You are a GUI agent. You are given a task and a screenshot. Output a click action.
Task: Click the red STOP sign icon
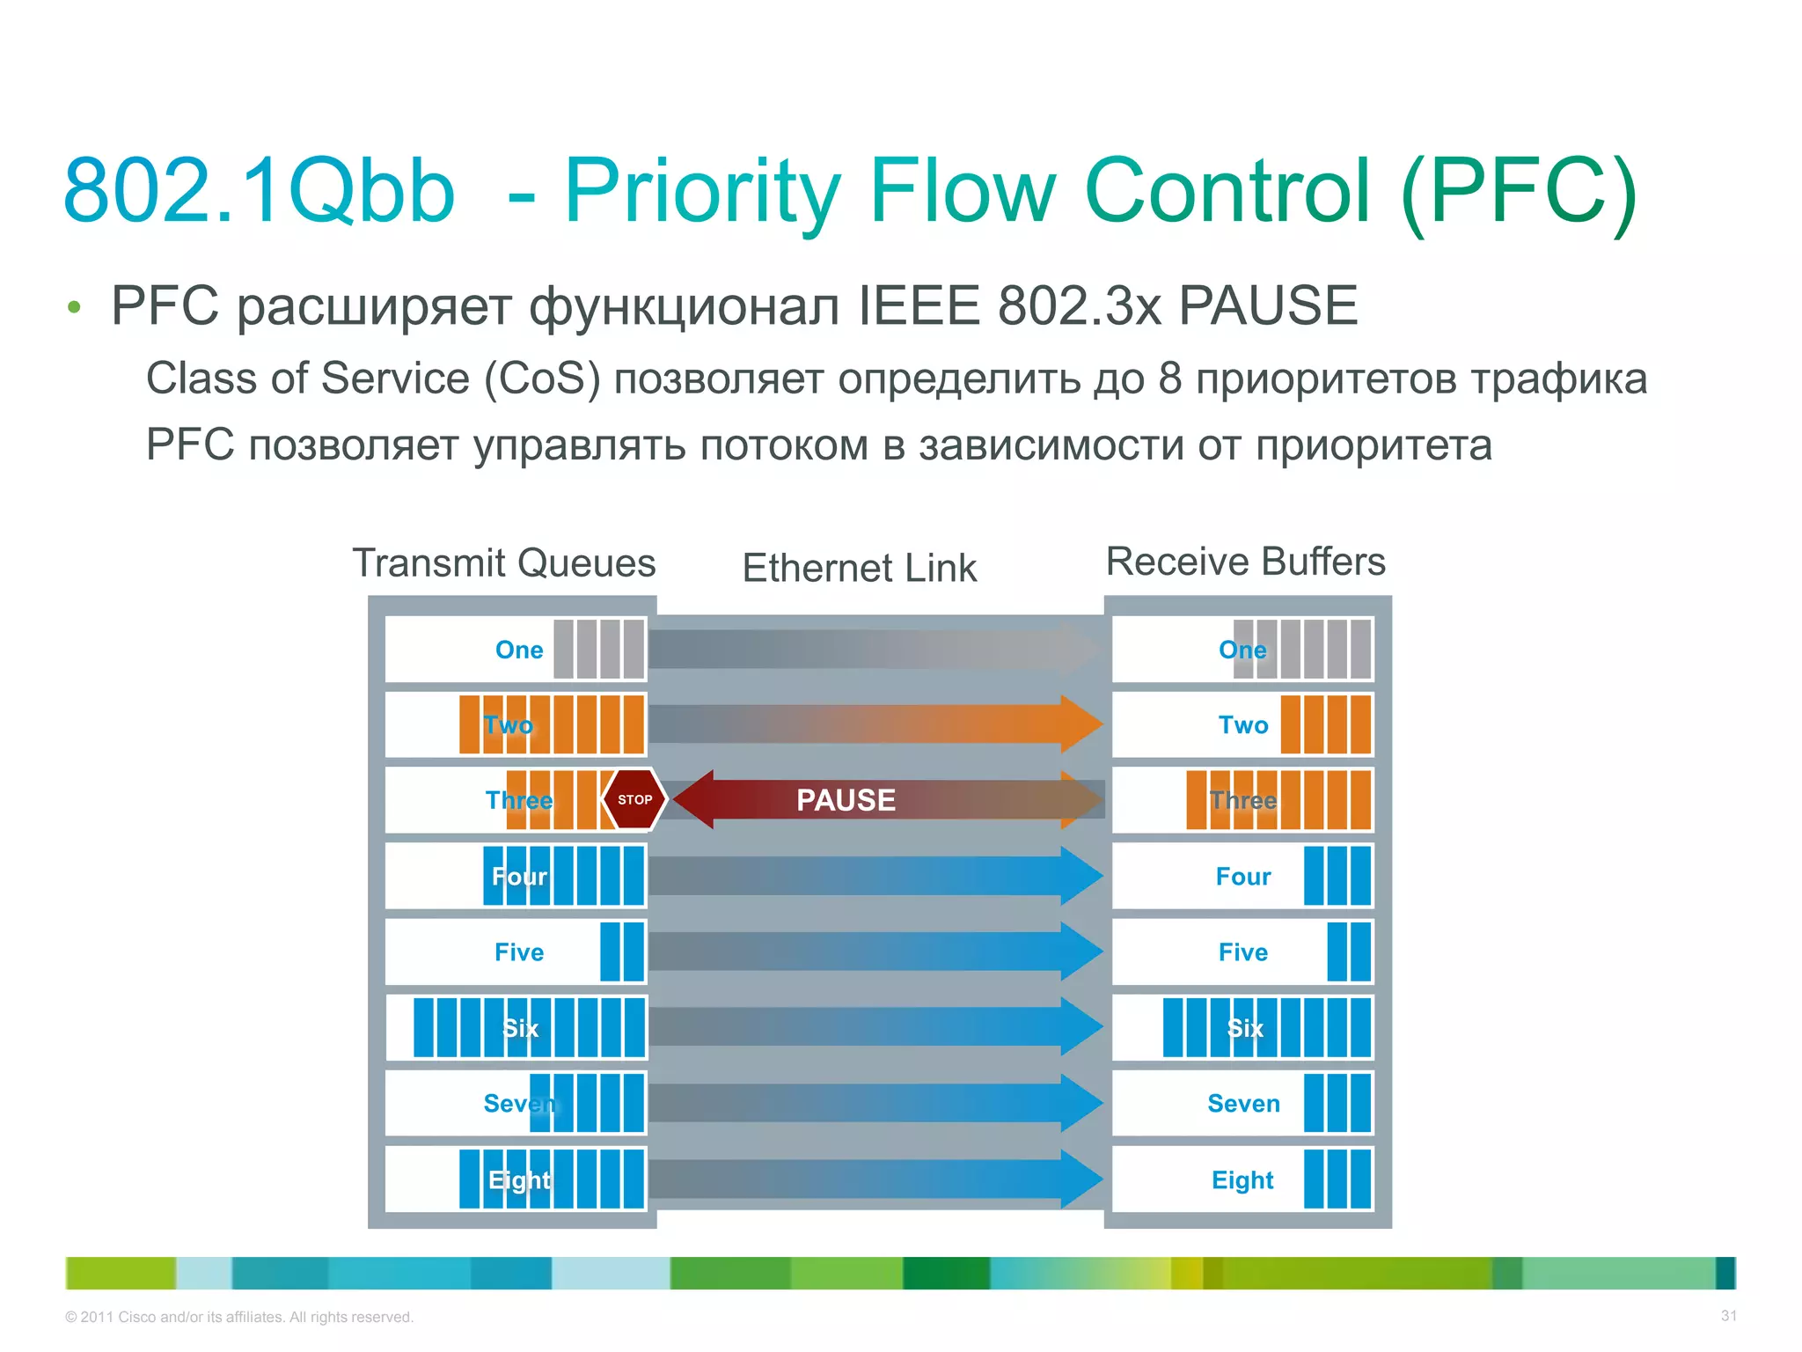[x=634, y=799]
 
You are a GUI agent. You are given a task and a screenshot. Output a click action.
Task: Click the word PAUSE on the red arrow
[x=846, y=800]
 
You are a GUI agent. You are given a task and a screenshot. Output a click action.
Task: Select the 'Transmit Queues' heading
[x=504, y=563]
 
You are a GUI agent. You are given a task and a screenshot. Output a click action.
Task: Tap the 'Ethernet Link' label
[x=859, y=569]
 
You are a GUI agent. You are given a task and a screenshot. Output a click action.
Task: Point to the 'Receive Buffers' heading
[x=1245, y=562]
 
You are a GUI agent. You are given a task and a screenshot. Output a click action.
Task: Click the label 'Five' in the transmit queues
[x=519, y=952]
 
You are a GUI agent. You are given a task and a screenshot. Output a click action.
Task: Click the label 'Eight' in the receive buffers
[x=1242, y=1179]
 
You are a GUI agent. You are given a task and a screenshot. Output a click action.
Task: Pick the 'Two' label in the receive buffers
[x=1243, y=725]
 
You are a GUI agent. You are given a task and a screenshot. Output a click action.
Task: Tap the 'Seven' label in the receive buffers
[x=1243, y=1104]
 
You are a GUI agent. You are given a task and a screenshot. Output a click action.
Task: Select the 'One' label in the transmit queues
[x=519, y=650]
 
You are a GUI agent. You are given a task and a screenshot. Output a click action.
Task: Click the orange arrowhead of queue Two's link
[x=1080, y=724]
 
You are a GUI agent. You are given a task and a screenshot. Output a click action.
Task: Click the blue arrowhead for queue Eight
[x=1080, y=1179]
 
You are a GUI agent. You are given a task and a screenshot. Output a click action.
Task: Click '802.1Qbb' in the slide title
[x=260, y=191]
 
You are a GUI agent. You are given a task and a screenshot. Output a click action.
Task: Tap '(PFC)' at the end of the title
[x=1519, y=191]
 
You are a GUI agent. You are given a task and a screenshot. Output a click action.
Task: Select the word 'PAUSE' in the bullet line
[x=1268, y=305]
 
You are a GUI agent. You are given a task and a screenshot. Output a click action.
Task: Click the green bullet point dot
[x=74, y=307]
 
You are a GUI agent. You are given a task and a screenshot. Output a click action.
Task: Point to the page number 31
[x=1728, y=1316]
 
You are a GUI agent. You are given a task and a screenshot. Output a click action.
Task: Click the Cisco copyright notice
[x=239, y=1317]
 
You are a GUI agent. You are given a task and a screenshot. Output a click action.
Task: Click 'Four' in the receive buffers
[x=1242, y=877]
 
